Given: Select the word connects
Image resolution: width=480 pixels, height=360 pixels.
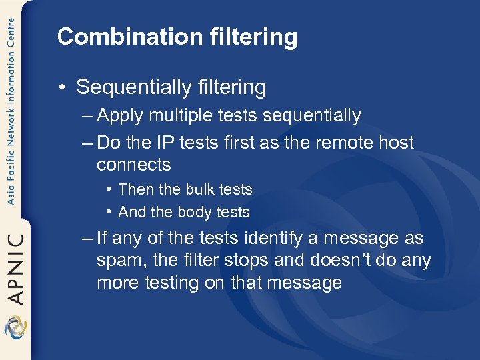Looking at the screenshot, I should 133,165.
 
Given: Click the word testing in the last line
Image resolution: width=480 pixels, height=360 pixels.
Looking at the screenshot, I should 170,283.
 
